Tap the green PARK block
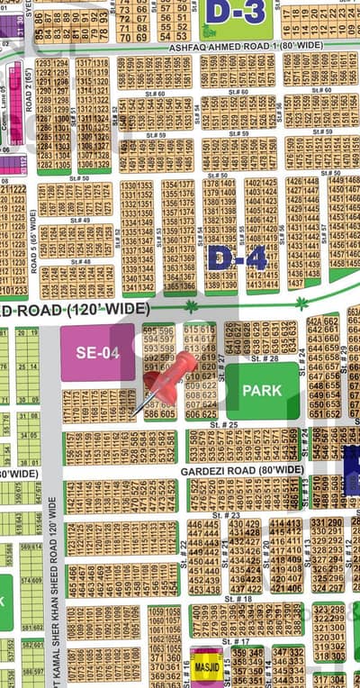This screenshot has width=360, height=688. pos(262,391)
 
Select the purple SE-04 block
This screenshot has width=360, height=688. pos(97,353)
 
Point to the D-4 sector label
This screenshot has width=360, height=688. pos(237,258)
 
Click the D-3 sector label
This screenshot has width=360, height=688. pos(235,12)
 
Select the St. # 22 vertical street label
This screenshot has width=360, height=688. pos(184,547)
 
